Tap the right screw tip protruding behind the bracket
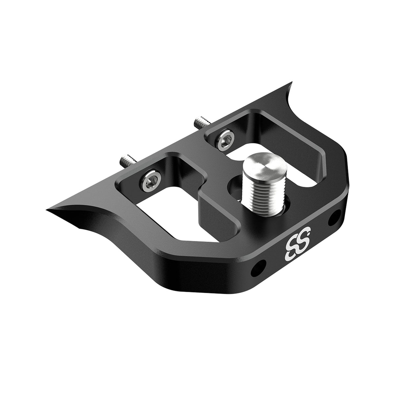coord(199,122)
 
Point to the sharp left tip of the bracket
coord(49,209)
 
